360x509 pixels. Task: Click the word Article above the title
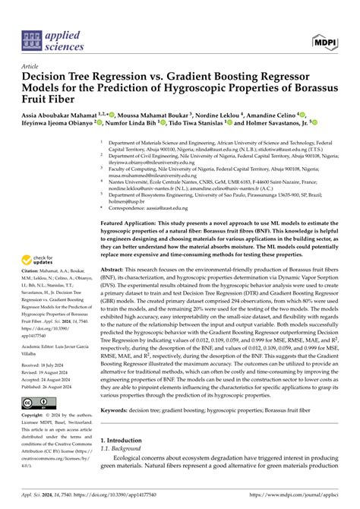[32, 66]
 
